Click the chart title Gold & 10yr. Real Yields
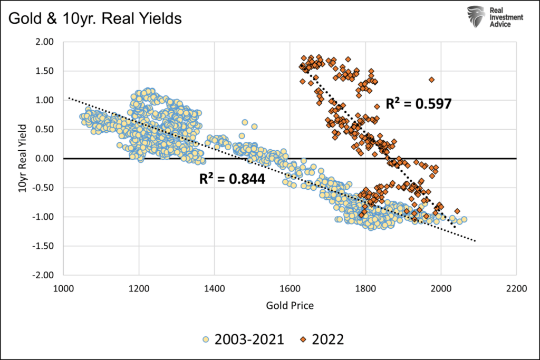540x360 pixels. click(95, 18)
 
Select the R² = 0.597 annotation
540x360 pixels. click(419, 103)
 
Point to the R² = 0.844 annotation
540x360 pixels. click(232, 179)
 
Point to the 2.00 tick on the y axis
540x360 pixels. click(46, 42)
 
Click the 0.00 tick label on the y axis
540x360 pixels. click(46, 158)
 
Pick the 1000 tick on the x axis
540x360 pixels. click(63, 288)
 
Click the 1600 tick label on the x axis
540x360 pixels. click(290, 288)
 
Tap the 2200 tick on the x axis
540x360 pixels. click(516, 288)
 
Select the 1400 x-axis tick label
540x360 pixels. click(214, 288)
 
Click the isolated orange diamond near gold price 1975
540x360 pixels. click(431, 80)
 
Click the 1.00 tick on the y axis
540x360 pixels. click(46, 100)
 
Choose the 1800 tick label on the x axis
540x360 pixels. click(365, 288)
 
